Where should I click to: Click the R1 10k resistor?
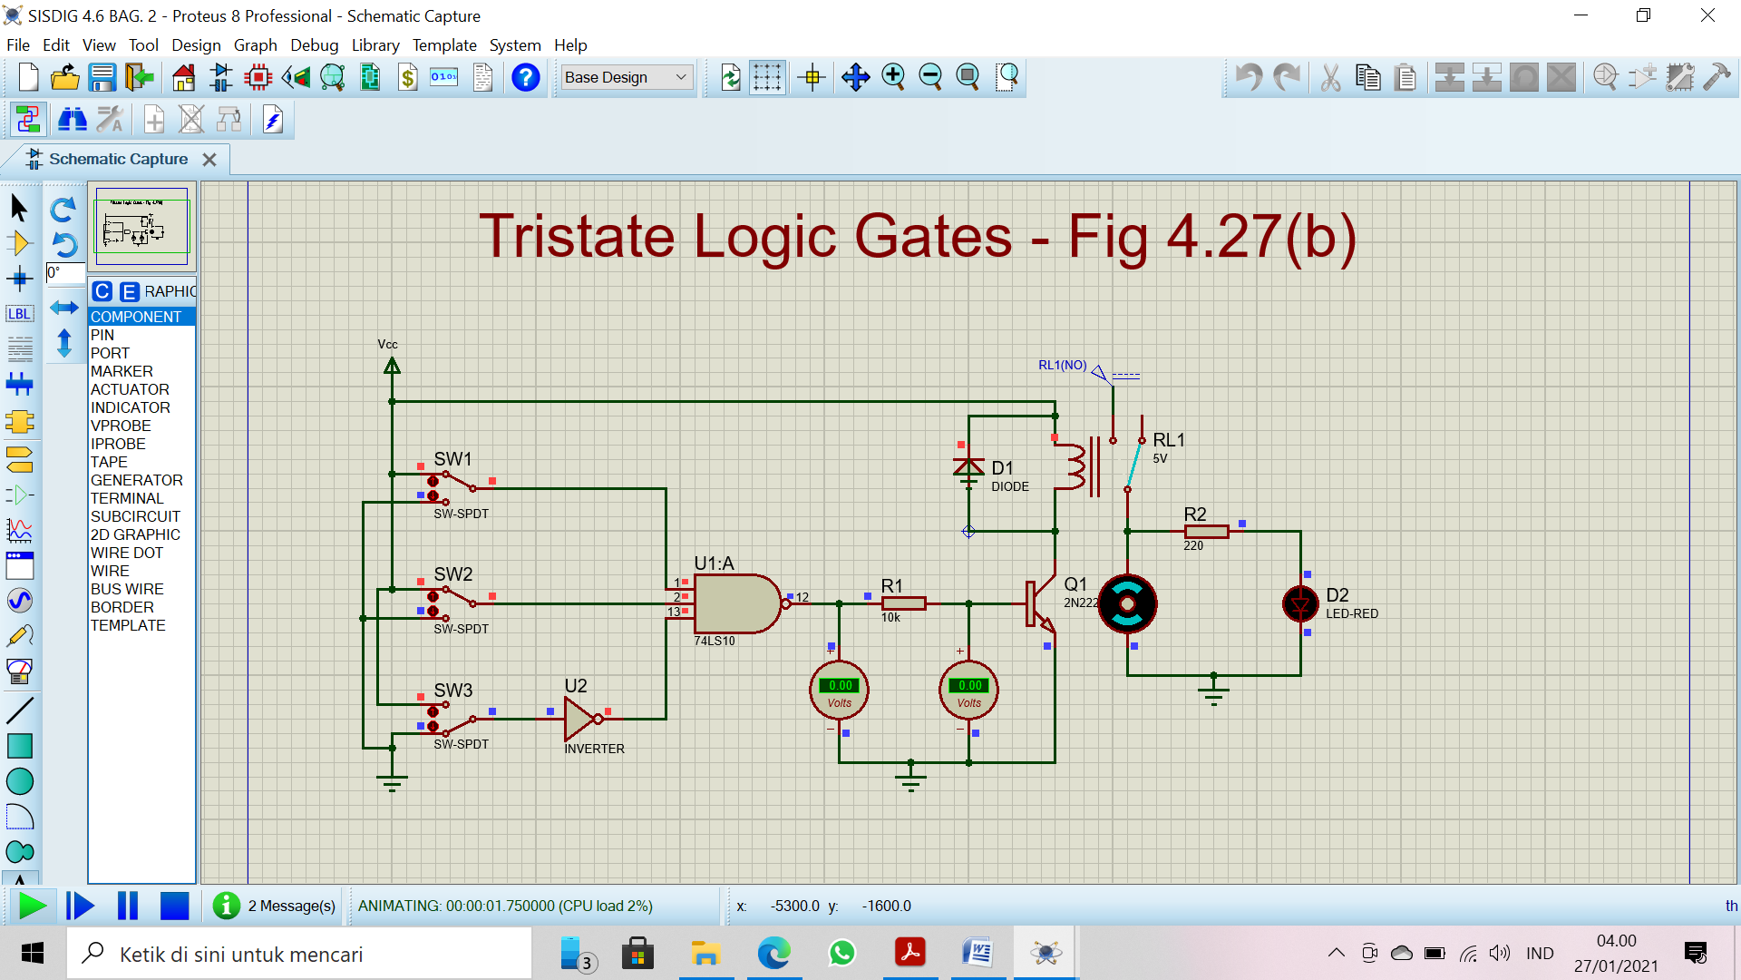point(903,603)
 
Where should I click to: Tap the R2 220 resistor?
point(1206,532)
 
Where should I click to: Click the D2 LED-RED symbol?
point(1300,604)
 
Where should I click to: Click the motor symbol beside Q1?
point(1127,603)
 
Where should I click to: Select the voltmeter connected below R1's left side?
point(839,690)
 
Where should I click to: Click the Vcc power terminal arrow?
point(392,366)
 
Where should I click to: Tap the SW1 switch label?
point(452,459)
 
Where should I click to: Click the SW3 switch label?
point(452,691)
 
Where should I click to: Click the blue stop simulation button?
point(174,906)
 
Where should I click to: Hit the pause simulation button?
point(128,906)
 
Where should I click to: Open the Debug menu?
point(314,45)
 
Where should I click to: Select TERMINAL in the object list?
point(127,498)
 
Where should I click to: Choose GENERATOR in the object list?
point(136,480)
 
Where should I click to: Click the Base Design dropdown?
point(626,78)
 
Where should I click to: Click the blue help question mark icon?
point(525,78)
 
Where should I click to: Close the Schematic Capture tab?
point(209,160)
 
